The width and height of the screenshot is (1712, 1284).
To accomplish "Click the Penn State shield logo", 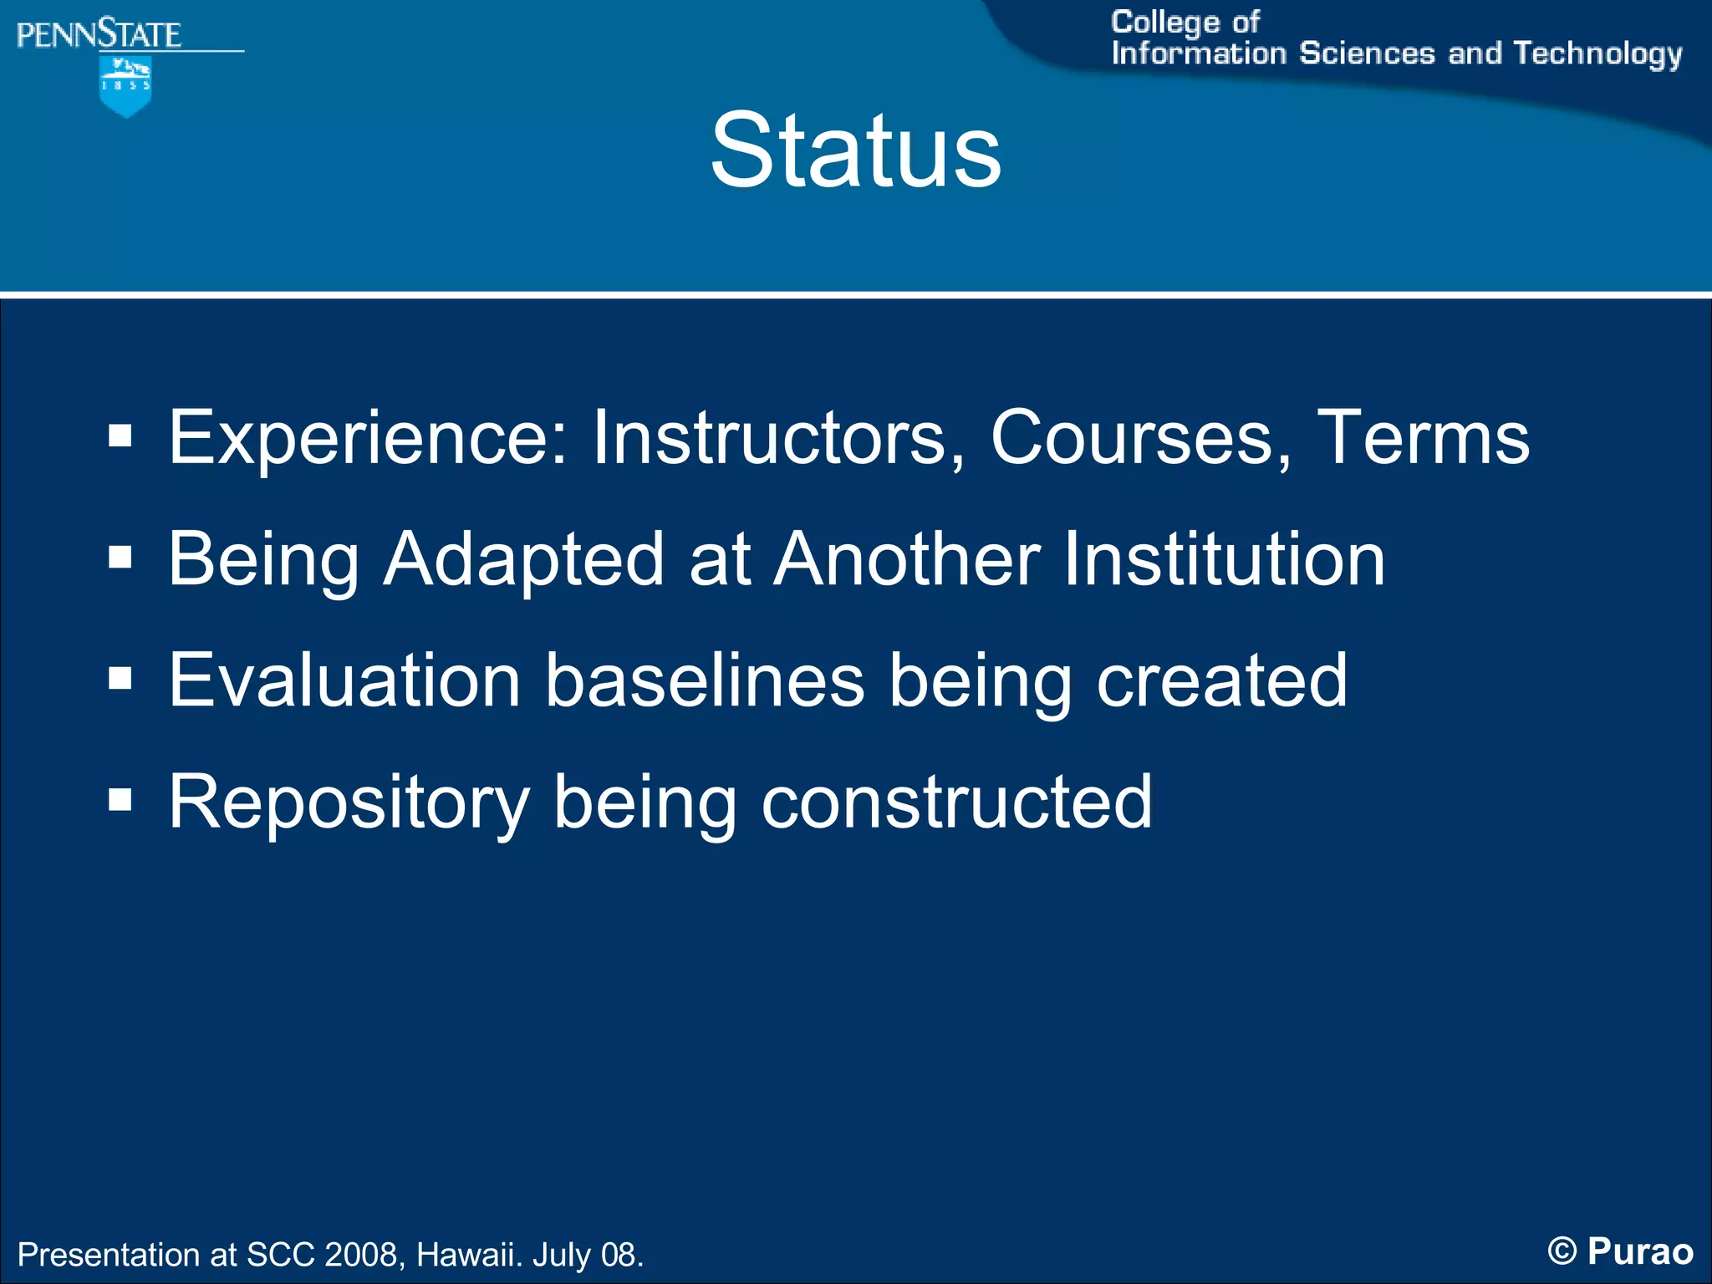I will (125, 86).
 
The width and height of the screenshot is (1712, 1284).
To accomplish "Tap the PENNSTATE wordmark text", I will (99, 35).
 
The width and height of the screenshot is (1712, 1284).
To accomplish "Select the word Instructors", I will (778, 438).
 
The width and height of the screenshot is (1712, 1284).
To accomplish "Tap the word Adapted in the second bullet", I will (523, 559).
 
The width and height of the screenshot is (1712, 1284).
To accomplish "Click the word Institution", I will (1224, 559).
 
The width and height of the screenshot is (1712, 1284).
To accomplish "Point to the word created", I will (1221, 680).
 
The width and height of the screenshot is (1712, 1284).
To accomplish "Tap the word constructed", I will (956, 802).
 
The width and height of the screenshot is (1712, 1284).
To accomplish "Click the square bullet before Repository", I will (120, 800).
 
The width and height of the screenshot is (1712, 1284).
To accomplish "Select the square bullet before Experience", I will (120, 436).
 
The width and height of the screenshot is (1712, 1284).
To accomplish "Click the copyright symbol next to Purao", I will (1562, 1251).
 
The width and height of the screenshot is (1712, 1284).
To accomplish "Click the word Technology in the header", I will (1597, 53).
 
